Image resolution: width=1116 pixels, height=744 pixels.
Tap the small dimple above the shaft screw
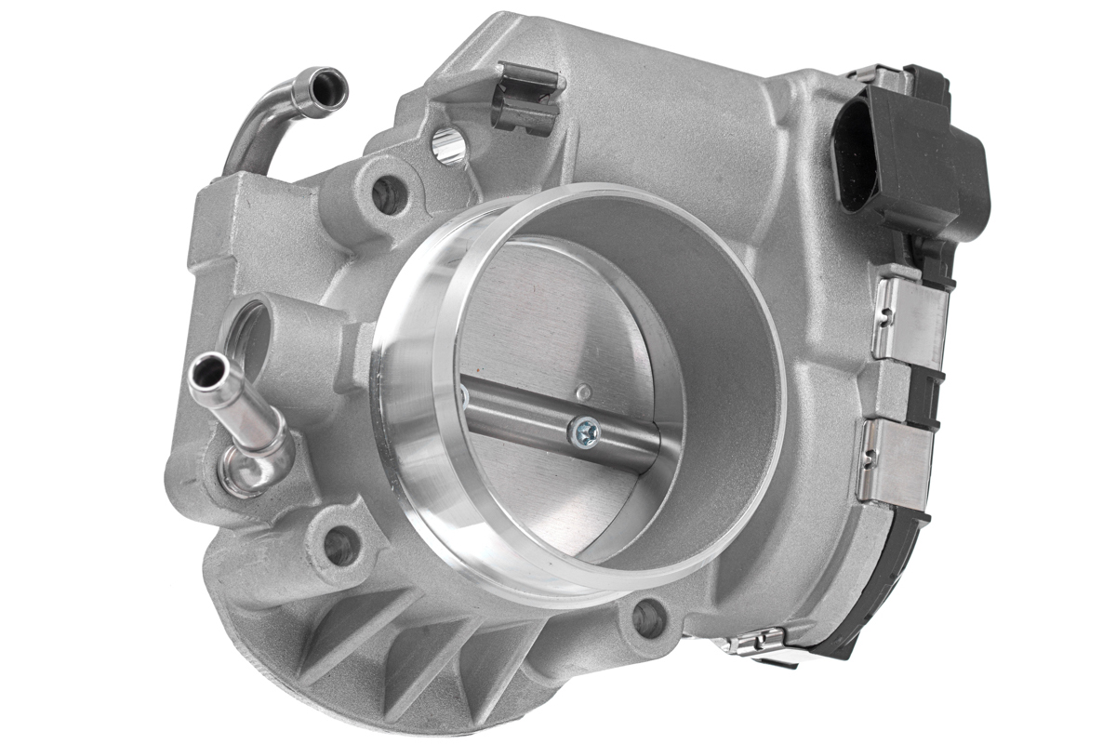(x=581, y=392)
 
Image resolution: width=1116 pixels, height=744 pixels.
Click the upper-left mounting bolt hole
(x=390, y=194)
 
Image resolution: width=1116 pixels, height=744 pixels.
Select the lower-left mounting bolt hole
(x=339, y=545)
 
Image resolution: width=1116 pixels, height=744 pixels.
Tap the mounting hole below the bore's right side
(x=648, y=618)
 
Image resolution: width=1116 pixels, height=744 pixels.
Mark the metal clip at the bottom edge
(x=758, y=642)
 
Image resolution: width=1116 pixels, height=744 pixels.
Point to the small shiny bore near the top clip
(x=449, y=146)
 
